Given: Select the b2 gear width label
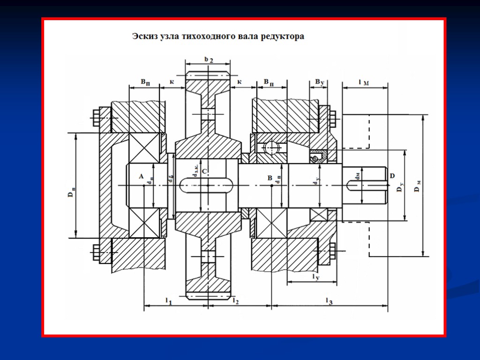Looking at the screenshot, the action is point(209,60).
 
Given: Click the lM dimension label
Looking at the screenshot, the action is point(363,83).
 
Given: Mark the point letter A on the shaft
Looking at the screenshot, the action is point(140,176).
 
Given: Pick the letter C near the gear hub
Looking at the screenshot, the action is point(204,172).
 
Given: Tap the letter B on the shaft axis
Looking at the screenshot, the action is point(270,178).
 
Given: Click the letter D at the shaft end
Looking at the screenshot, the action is point(392,176).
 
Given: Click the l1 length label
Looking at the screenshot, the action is point(168,300).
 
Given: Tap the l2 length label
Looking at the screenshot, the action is point(236,300).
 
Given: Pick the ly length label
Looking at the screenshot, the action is point(315,277).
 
